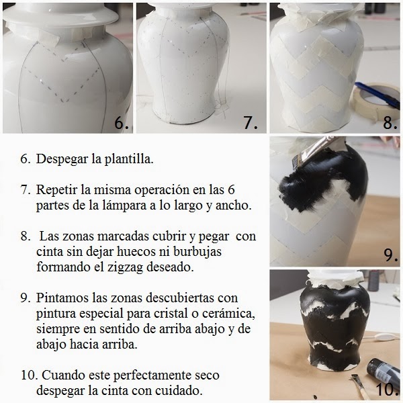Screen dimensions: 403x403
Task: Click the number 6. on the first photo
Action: [122, 122]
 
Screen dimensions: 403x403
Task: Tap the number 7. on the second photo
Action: [251, 122]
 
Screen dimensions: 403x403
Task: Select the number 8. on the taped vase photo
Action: [390, 122]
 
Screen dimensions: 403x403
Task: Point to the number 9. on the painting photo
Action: [391, 255]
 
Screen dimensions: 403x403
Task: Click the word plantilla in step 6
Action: [129, 159]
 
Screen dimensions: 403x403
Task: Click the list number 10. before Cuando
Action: [29, 375]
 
